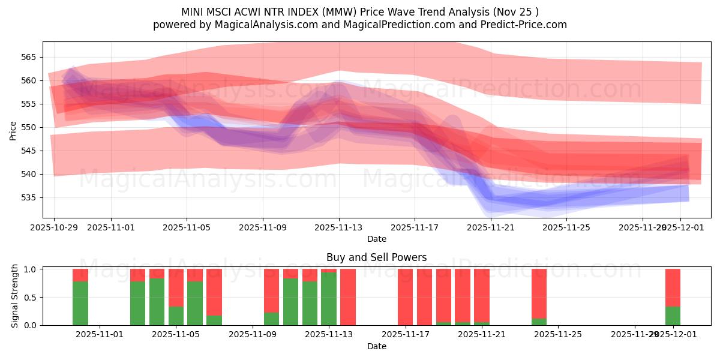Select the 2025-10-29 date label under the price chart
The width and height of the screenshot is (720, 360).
[54, 228]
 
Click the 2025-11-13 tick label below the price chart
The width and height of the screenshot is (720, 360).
[338, 228]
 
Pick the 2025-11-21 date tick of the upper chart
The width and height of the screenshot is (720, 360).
[490, 228]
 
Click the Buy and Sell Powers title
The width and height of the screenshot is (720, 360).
[376, 257]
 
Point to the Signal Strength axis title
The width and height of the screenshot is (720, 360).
[16, 296]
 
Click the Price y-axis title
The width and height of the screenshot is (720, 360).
[13, 130]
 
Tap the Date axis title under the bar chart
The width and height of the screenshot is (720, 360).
[376, 346]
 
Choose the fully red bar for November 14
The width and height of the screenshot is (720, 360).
[348, 297]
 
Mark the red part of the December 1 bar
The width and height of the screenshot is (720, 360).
[673, 287]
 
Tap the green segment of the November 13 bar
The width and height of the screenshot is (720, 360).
[329, 299]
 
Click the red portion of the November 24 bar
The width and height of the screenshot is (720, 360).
[539, 293]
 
